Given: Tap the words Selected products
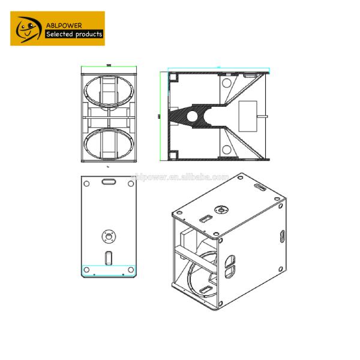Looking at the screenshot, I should [x=75, y=34].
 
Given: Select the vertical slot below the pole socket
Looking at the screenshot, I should [x=109, y=258].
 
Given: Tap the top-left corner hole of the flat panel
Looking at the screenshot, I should [x=88, y=182].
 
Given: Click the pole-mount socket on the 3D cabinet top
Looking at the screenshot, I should [x=223, y=209].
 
